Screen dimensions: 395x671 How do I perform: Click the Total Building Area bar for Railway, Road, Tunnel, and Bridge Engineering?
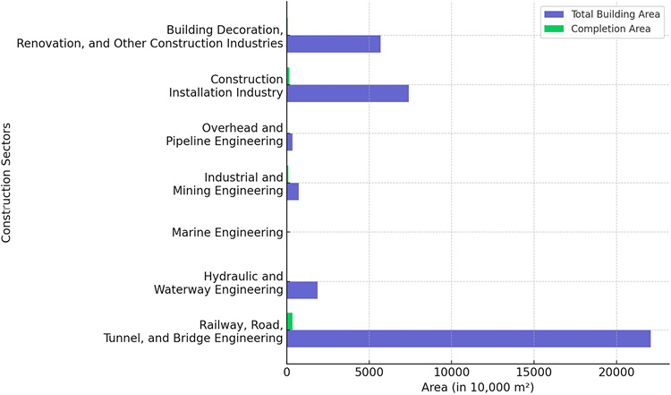[468, 339]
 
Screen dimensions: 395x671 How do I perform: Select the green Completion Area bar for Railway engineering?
[289, 322]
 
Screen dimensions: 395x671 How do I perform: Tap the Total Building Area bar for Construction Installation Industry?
[347, 93]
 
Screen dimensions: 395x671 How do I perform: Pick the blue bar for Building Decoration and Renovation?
[333, 44]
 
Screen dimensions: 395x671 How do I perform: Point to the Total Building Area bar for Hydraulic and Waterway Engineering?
[302, 289]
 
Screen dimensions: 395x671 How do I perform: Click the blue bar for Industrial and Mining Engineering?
[292, 191]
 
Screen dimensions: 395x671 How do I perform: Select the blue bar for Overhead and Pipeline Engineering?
[289, 142]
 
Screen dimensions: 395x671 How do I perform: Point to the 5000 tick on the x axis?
[369, 371]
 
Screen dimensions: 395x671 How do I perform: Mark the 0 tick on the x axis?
[286, 371]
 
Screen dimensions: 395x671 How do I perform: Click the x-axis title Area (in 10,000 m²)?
[478, 387]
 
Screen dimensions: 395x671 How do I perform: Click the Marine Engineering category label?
[227, 233]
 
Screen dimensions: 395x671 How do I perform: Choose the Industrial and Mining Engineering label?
[227, 184]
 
